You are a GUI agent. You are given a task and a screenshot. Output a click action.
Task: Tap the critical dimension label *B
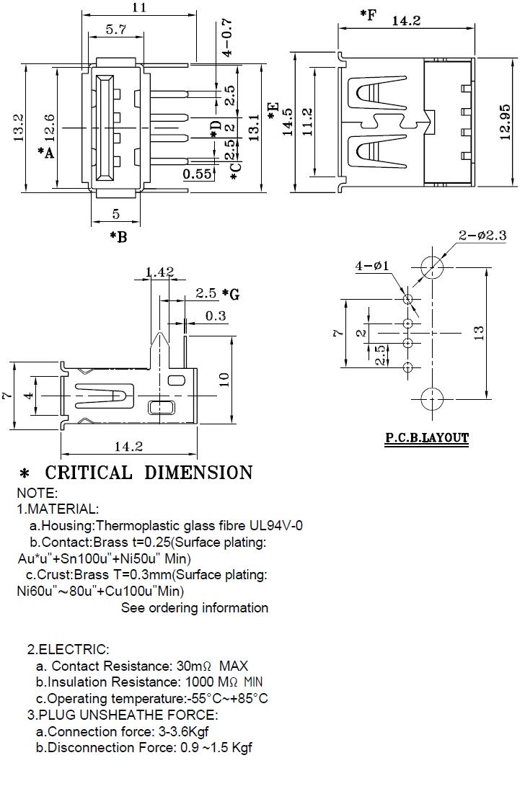click(118, 237)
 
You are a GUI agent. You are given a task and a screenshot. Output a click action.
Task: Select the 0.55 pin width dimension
click(197, 174)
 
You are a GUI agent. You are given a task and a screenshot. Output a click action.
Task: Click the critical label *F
click(368, 14)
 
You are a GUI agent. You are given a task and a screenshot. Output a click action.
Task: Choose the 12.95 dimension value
click(504, 120)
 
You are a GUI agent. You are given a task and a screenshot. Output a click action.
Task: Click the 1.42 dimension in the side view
click(159, 272)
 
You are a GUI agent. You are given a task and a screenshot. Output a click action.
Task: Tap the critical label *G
click(231, 294)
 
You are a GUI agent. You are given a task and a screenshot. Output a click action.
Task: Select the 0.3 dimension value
click(215, 316)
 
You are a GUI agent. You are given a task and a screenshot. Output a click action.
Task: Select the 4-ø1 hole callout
click(371, 266)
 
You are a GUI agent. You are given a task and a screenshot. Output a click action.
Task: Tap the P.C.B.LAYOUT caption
click(426, 437)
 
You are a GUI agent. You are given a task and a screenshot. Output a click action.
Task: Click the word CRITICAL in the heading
click(89, 473)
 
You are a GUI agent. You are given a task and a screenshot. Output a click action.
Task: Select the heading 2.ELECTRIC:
click(69, 649)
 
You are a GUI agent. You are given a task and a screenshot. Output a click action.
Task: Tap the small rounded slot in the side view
click(160, 408)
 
